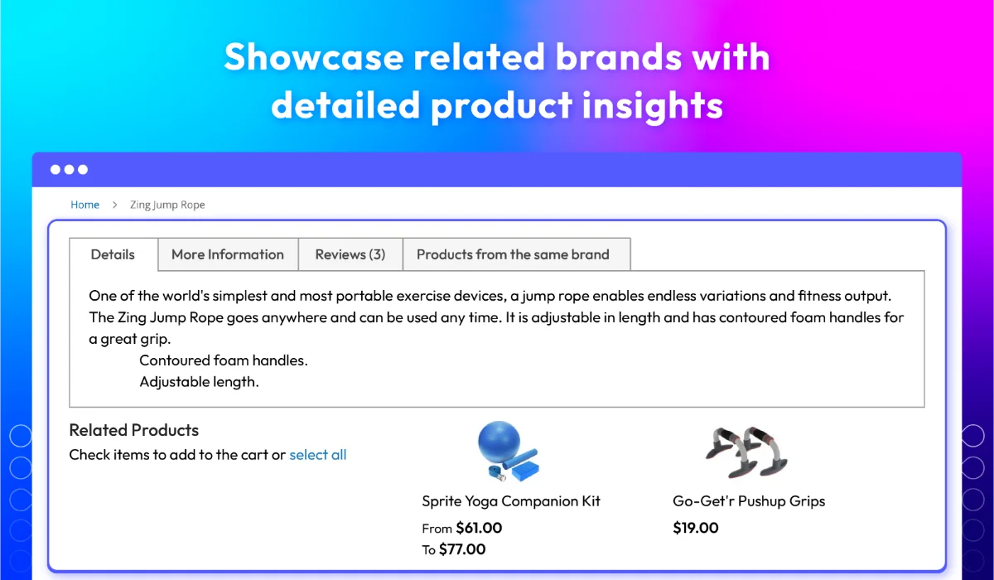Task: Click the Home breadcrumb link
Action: pyautogui.click(x=84, y=205)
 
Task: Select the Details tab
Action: pyautogui.click(x=113, y=254)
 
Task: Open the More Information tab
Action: pyautogui.click(x=228, y=254)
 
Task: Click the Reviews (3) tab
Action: pyautogui.click(x=350, y=254)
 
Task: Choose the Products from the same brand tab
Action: pyautogui.click(x=513, y=254)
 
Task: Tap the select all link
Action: pyautogui.click(x=318, y=455)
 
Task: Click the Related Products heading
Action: pyautogui.click(x=134, y=430)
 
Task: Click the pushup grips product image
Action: pyautogui.click(x=747, y=452)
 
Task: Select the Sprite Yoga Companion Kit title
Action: pyautogui.click(x=511, y=501)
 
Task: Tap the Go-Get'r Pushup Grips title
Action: pyautogui.click(x=749, y=501)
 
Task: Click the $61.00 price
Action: pyautogui.click(x=479, y=528)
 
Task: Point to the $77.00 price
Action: pyautogui.click(x=462, y=549)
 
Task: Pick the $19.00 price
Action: pyautogui.click(x=695, y=528)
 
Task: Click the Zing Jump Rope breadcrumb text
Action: pyautogui.click(x=167, y=205)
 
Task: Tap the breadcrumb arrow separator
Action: pyautogui.click(x=114, y=205)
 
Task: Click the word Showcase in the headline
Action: pyautogui.click(x=314, y=57)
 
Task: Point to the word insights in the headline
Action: pyautogui.click(x=653, y=105)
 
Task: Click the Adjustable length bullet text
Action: pyautogui.click(x=199, y=382)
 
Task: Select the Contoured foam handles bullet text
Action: pyautogui.click(x=223, y=360)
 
